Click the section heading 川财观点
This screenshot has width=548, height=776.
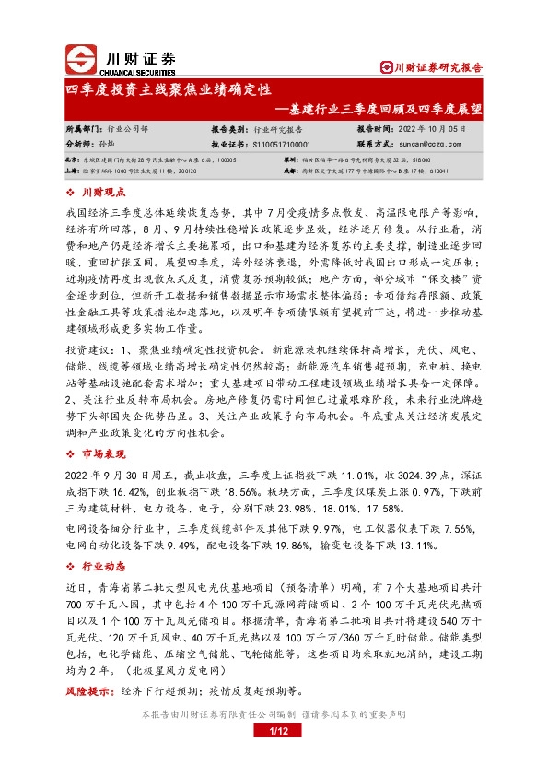pyautogui.click(x=101, y=192)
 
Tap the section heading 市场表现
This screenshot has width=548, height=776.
pyautogui.click(x=101, y=454)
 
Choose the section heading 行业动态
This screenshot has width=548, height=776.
pyautogui.click(x=101, y=567)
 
